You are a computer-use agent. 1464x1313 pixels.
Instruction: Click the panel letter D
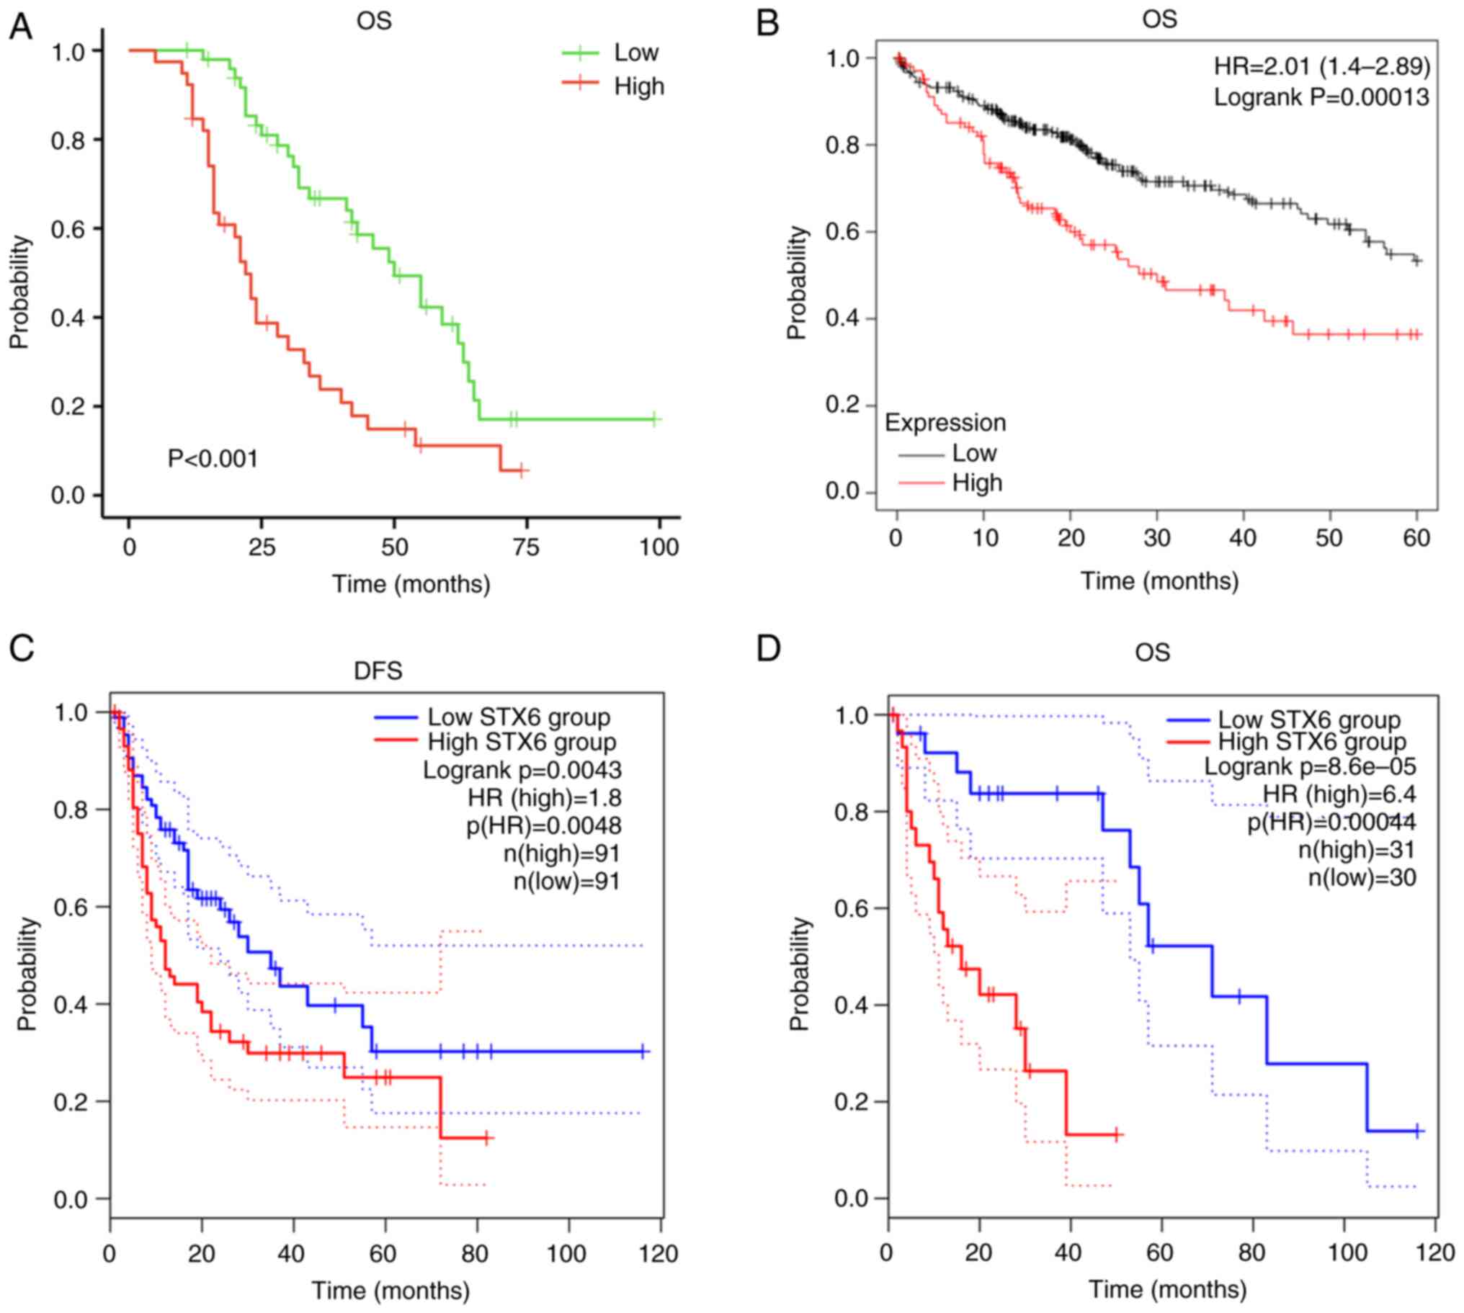pyautogui.click(x=768, y=648)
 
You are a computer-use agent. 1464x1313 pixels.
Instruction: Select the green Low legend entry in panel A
pyautogui.click(x=635, y=53)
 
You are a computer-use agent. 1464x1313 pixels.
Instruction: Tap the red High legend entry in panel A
pyautogui.click(x=638, y=86)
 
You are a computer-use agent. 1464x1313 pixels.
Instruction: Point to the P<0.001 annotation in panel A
pyautogui.click(x=213, y=457)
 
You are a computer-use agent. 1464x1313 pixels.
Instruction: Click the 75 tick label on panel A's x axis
pyautogui.click(x=526, y=547)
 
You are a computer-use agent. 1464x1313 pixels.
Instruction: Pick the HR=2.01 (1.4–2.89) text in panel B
pyautogui.click(x=1321, y=66)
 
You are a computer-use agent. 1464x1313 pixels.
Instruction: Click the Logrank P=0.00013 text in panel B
pyautogui.click(x=1321, y=97)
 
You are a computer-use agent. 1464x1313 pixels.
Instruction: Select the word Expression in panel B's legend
pyautogui.click(x=945, y=422)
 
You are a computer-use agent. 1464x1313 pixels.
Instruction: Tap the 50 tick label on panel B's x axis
pyautogui.click(x=1329, y=538)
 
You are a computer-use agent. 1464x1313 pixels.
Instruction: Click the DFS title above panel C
pyautogui.click(x=378, y=671)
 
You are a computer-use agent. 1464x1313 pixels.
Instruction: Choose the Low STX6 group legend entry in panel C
pyautogui.click(x=518, y=717)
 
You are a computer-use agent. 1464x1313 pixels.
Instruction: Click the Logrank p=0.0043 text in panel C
pyautogui.click(x=522, y=770)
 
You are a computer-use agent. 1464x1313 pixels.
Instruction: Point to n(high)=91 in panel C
pyautogui.click(x=562, y=853)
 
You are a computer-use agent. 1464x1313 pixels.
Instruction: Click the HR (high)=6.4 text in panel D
pyautogui.click(x=1339, y=794)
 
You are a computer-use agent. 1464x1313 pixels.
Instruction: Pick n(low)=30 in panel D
pyautogui.click(x=1362, y=877)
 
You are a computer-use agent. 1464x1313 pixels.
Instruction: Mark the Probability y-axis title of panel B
pyautogui.click(x=796, y=282)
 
